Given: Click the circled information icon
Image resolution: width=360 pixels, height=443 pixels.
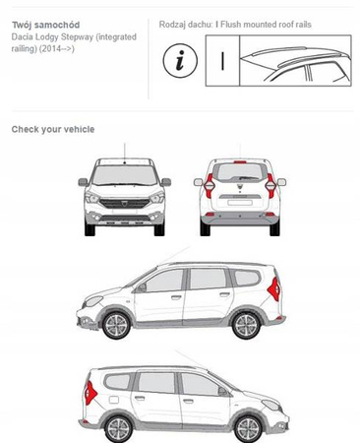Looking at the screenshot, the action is click(x=180, y=61).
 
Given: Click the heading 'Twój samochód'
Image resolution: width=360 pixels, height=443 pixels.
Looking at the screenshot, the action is click(x=45, y=25).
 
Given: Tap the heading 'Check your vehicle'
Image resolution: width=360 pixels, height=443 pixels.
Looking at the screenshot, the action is click(x=53, y=129).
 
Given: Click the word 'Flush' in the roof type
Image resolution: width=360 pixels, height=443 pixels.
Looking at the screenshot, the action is click(x=231, y=25).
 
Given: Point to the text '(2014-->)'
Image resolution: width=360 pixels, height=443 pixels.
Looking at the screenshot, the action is click(x=57, y=49).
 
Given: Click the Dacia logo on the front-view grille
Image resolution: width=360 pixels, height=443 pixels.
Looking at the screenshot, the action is click(x=125, y=204).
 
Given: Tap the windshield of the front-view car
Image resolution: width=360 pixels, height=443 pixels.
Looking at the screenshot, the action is click(x=125, y=175).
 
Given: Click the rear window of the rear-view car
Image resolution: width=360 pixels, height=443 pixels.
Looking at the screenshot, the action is click(x=240, y=172).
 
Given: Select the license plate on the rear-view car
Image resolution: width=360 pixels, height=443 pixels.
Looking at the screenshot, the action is click(x=240, y=203).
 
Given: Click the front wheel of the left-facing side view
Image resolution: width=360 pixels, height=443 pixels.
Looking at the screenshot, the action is click(x=116, y=325).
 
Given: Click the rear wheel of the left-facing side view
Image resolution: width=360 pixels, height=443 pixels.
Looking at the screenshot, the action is click(x=246, y=325).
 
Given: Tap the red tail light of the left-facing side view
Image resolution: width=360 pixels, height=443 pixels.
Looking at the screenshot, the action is click(x=274, y=289).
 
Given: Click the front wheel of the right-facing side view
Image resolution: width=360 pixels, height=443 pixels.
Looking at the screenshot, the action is click(x=249, y=428).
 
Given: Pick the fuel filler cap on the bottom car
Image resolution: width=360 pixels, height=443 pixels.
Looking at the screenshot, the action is click(x=114, y=400).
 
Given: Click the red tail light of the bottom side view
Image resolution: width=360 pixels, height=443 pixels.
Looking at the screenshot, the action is click(x=90, y=393).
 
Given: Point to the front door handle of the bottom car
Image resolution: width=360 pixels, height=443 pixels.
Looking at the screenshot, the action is click(x=188, y=401).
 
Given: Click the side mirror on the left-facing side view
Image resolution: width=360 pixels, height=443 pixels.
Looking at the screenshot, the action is click(x=142, y=287).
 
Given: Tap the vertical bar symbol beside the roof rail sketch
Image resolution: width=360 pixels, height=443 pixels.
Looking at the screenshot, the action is click(x=222, y=61).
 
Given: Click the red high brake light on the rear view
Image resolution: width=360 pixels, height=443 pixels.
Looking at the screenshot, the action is click(x=240, y=161).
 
